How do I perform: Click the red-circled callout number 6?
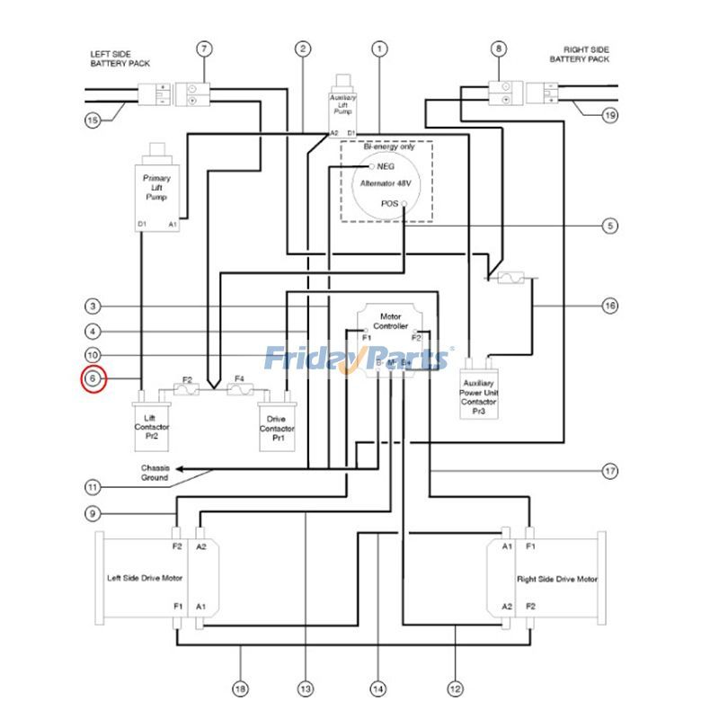tap(93, 380)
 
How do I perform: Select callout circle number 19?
tap(610, 115)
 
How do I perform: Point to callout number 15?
tap(93, 120)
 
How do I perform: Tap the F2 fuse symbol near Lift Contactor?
tap(188, 390)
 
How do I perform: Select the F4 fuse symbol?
tap(240, 390)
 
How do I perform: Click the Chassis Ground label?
tap(154, 473)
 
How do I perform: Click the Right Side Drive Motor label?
tap(556, 579)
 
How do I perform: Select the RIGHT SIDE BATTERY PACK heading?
tap(579, 54)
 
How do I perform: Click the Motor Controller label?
tap(389, 321)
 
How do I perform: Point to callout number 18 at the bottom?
tap(240, 688)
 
